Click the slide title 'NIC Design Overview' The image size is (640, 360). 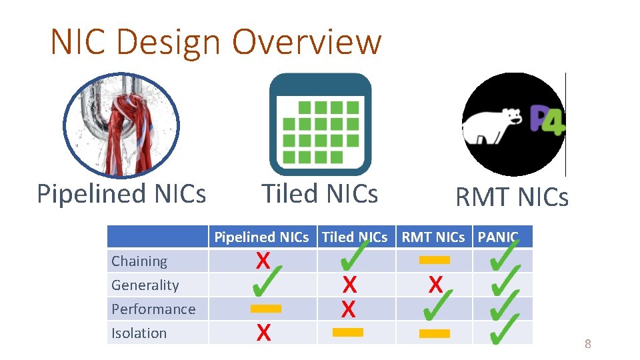216,42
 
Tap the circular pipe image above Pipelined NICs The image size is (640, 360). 121,125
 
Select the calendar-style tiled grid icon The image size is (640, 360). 320,124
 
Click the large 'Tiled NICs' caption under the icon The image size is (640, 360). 320,194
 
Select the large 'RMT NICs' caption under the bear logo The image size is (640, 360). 511,197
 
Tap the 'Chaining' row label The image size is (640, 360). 139,261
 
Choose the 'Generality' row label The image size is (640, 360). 145,285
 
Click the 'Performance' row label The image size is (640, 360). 153,309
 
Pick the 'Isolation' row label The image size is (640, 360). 139,333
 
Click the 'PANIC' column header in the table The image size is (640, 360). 497,237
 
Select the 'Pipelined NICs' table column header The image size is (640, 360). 261,237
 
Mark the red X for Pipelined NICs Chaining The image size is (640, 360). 263,261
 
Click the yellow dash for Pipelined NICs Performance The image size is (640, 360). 265,309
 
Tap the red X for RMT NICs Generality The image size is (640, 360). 435,285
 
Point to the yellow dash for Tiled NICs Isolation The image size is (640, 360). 347,332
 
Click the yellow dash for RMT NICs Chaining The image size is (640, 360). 435,260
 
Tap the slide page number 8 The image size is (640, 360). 587,344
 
